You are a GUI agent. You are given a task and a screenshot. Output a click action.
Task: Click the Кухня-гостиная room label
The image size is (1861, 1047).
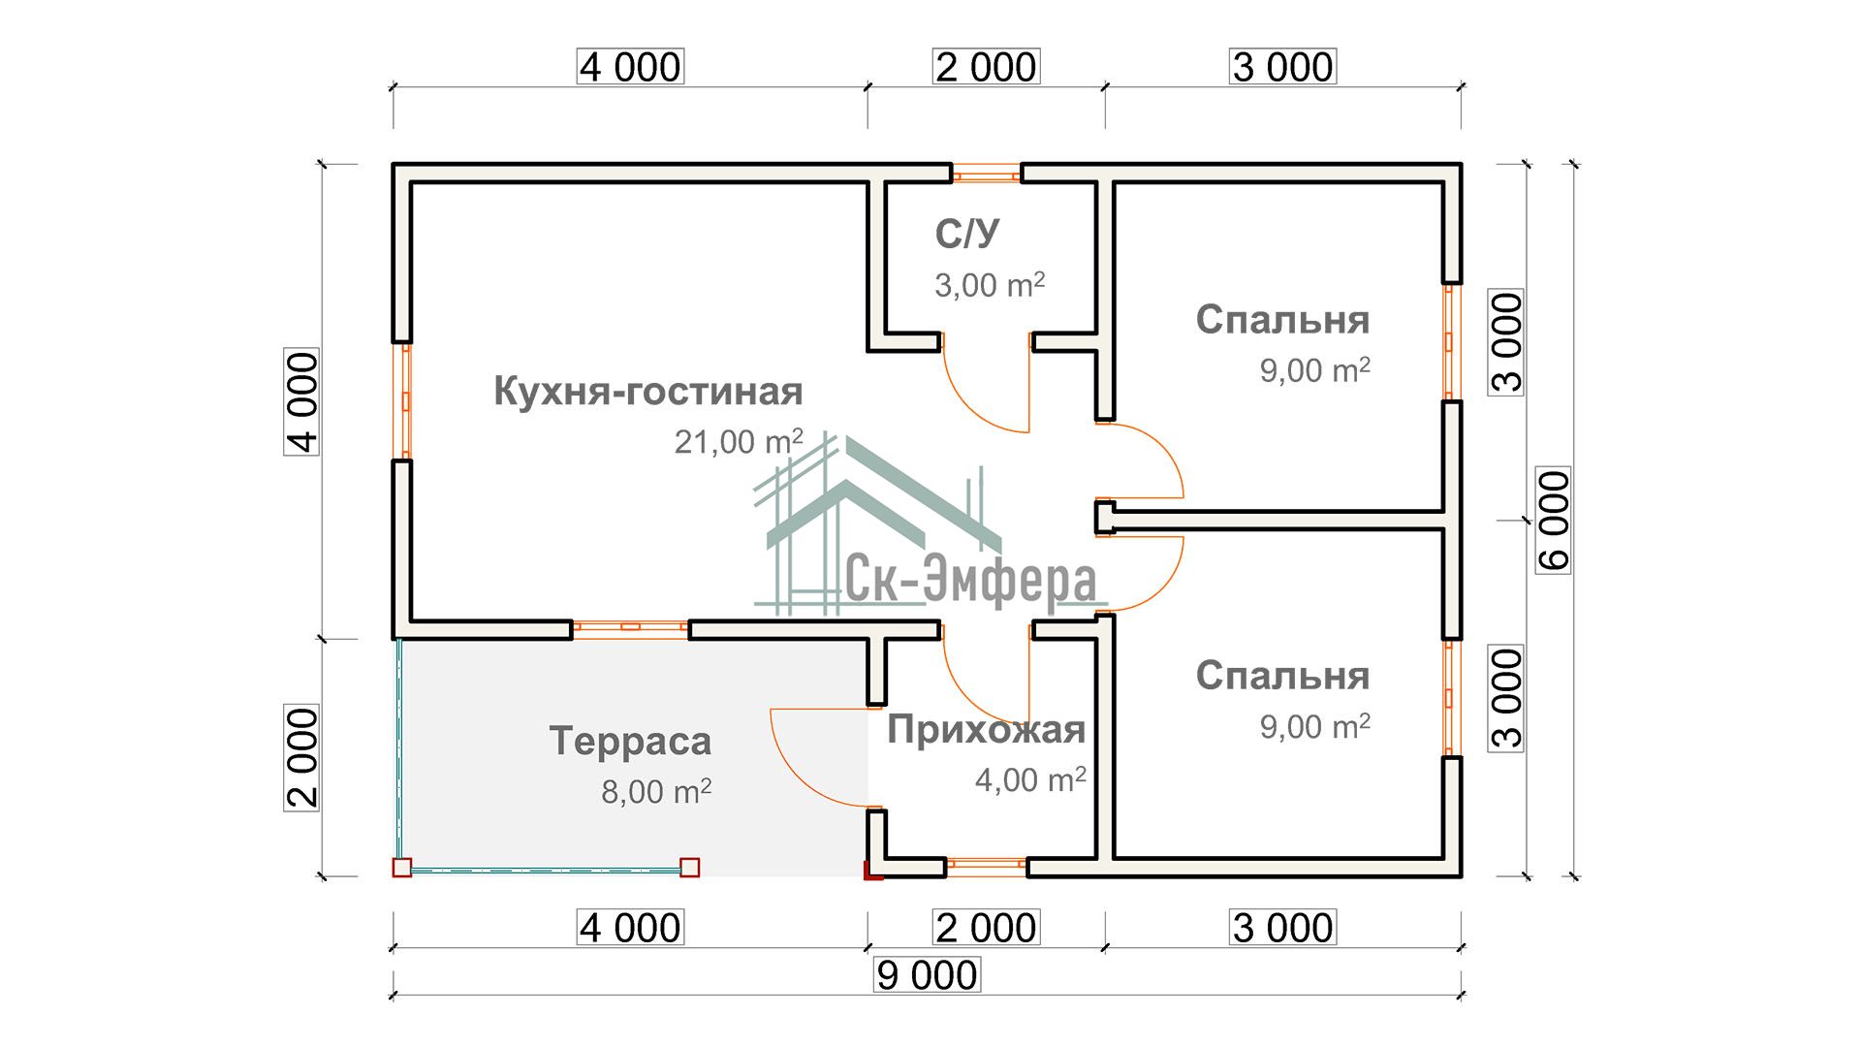[648, 392]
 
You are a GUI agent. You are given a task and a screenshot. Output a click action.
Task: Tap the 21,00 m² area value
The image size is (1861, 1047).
[739, 442]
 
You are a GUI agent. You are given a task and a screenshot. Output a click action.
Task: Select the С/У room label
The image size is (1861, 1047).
[967, 234]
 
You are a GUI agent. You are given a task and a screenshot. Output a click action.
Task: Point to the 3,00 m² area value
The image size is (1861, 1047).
[990, 285]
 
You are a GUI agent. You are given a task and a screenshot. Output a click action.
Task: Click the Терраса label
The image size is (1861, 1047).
[630, 741]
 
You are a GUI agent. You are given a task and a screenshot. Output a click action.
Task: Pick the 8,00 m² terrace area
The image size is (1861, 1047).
[656, 792]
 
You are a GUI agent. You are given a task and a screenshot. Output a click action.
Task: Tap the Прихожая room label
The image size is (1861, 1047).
[986, 730]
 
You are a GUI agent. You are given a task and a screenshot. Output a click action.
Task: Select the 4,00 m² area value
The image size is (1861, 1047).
[1030, 779]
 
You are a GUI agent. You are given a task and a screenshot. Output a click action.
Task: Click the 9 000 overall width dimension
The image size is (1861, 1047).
[927, 975]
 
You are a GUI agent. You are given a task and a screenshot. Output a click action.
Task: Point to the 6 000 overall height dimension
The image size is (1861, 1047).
[1553, 521]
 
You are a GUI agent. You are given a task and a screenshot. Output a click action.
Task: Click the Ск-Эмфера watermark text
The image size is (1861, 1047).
[971, 581]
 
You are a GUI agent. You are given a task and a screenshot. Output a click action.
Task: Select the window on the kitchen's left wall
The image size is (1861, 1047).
[402, 400]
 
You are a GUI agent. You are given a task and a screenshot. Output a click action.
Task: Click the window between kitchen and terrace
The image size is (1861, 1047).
[630, 627]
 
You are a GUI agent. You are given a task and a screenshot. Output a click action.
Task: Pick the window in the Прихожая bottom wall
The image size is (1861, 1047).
[987, 866]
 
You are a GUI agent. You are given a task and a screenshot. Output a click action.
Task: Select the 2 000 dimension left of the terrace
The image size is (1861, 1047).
[302, 757]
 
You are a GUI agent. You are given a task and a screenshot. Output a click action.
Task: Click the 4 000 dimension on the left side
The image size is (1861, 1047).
[302, 401]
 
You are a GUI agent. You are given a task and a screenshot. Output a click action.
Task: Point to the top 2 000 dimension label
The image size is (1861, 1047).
[986, 67]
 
